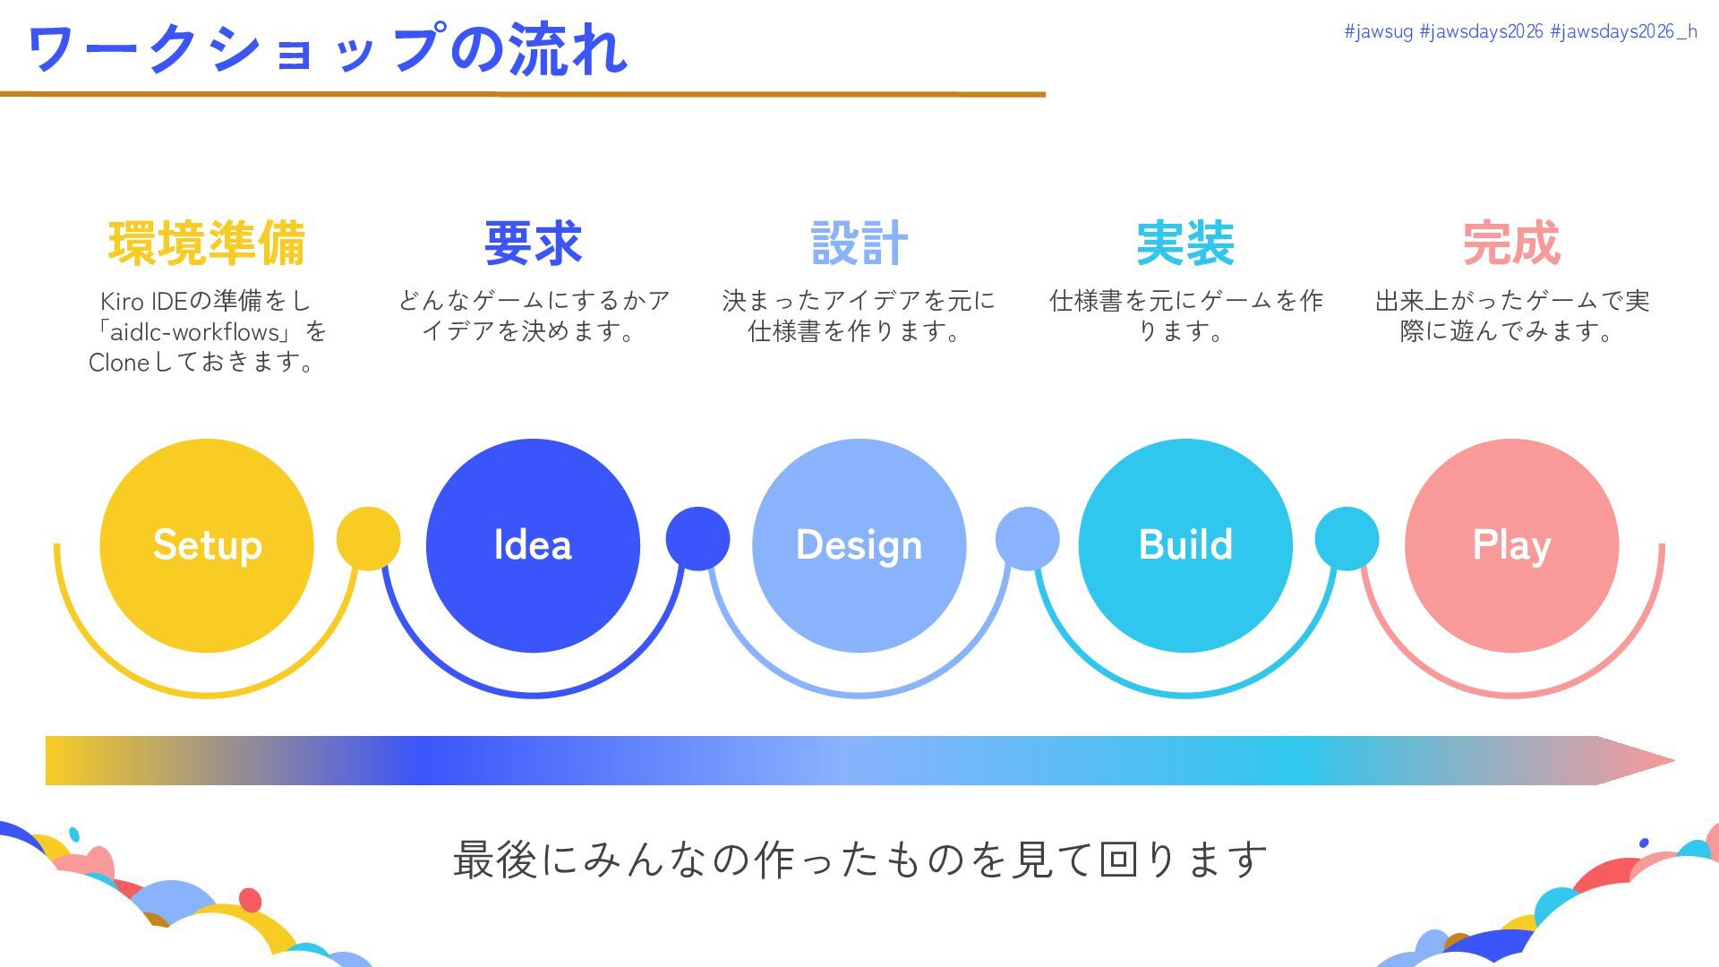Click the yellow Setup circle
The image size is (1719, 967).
[x=207, y=545]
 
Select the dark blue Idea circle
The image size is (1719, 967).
[x=533, y=545]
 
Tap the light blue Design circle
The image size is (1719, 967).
[x=859, y=545]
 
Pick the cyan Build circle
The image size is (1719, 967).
[x=1185, y=545]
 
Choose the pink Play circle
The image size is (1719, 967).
[x=1511, y=545]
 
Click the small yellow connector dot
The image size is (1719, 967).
[x=368, y=538]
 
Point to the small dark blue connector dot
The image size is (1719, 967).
[x=697, y=538]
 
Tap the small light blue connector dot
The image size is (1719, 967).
[x=1027, y=538]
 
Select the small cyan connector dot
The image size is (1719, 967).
[x=1347, y=538]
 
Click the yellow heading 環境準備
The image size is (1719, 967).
[x=207, y=244]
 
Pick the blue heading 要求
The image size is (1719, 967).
[x=533, y=244]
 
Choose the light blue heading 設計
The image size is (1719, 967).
[x=859, y=244]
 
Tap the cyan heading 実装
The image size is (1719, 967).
[x=1185, y=244]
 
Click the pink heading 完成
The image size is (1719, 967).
[x=1511, y=244]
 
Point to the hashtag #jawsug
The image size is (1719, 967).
[x=1378, y=32]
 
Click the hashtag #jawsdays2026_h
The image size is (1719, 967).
[x=1623, y=32]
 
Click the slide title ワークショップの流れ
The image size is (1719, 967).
[x=328, y=49]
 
